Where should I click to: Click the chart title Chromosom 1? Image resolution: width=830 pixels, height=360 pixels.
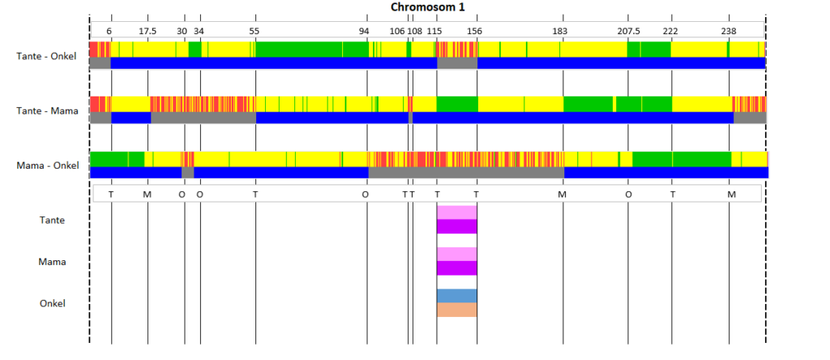coord(428,6)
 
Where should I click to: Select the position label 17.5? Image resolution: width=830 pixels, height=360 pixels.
coord(148,31)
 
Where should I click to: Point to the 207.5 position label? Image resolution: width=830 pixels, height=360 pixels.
coord(628,31)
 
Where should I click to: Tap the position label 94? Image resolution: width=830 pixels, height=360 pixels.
coord(364,31)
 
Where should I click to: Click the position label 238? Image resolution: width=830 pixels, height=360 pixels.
coord(729,31)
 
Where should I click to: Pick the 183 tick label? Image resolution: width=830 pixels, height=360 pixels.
coord(559,31)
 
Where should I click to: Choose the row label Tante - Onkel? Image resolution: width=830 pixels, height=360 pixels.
coord(46,56)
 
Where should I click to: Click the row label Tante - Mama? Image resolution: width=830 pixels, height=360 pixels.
coord(47,111)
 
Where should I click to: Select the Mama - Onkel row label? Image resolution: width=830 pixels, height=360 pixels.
coord(48,165)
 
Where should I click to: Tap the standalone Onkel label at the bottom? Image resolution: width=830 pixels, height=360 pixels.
coord(53,303)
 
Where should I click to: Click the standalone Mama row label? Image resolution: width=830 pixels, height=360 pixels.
coord(53,262)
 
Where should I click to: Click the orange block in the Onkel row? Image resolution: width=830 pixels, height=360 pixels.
coord(457,310)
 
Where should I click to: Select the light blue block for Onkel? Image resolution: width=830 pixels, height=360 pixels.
coord(457,296)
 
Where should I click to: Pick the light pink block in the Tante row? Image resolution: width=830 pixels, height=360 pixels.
coord(457,212)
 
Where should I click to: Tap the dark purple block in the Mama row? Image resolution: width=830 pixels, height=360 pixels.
coord(457,268)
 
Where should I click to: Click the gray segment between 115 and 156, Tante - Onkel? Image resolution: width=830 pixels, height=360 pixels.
coord(457,63)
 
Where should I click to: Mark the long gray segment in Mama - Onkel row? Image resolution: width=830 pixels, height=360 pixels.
coord(466,173)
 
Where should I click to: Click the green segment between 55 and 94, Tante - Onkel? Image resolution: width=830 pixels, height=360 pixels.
coord(312,49)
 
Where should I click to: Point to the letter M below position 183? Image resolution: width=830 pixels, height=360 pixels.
coord(563,195)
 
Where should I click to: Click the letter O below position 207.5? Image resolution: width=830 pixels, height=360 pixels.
coord(628,195)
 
